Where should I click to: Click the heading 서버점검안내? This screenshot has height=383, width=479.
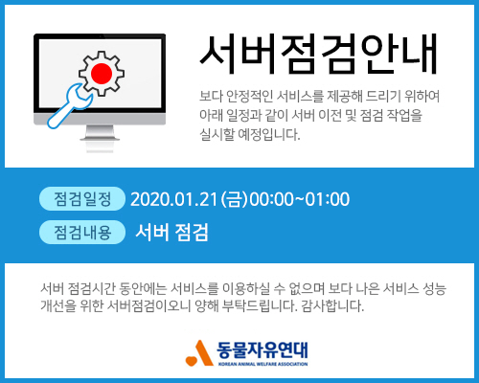(318, 55)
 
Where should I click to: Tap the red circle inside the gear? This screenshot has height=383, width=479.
(102, 73)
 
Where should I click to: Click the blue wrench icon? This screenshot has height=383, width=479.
(69, 106)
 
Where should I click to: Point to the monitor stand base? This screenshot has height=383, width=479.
(100, 138)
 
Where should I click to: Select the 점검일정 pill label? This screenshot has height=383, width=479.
(82, 199)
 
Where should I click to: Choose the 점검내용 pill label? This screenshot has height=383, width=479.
(82, 232)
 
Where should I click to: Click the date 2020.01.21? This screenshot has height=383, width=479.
(174, 199)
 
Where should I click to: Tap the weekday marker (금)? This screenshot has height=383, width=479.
(234, 199)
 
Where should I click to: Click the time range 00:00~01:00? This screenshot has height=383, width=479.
(300, 199)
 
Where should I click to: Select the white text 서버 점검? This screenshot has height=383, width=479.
(171, 232)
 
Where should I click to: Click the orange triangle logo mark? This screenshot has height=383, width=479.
(199, 352)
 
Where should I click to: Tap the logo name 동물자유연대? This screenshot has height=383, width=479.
(262, 349)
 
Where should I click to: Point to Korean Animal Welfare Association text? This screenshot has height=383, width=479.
(262, 364)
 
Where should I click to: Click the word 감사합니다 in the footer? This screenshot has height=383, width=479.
(332, 305)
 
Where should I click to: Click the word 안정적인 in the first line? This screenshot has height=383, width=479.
(249, 96)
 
